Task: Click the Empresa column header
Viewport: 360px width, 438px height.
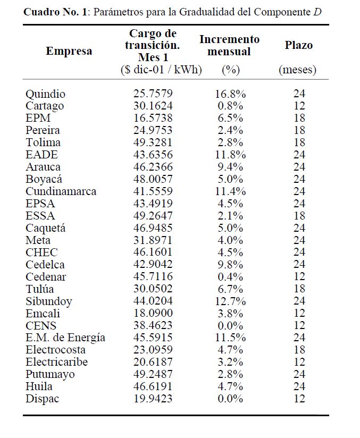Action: (69, 52)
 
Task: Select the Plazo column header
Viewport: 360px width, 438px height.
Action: (298, 45)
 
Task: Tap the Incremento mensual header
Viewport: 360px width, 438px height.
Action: (229, 46)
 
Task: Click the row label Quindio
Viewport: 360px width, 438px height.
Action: (45, 94)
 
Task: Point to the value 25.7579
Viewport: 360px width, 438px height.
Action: (153, 94)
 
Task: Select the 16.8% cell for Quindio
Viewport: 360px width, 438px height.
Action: (230, 94)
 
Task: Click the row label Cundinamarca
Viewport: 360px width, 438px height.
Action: (61, 191)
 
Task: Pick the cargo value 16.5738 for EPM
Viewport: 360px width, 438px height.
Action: (153, 118)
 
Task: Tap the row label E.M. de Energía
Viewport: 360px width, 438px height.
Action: (65, 338)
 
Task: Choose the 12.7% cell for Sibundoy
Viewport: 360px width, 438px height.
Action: (230, 301)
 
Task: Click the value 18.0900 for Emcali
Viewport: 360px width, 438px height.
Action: (153, 313)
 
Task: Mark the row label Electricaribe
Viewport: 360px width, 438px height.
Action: (56, 362)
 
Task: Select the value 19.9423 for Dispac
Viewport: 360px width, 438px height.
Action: (153, 399)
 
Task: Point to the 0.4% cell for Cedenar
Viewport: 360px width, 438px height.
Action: (230, 276)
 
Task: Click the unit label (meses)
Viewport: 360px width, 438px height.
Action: (298, 70)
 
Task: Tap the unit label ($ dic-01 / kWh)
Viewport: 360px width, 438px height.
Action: (161, 70)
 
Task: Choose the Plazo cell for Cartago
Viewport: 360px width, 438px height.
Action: (299, 106)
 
